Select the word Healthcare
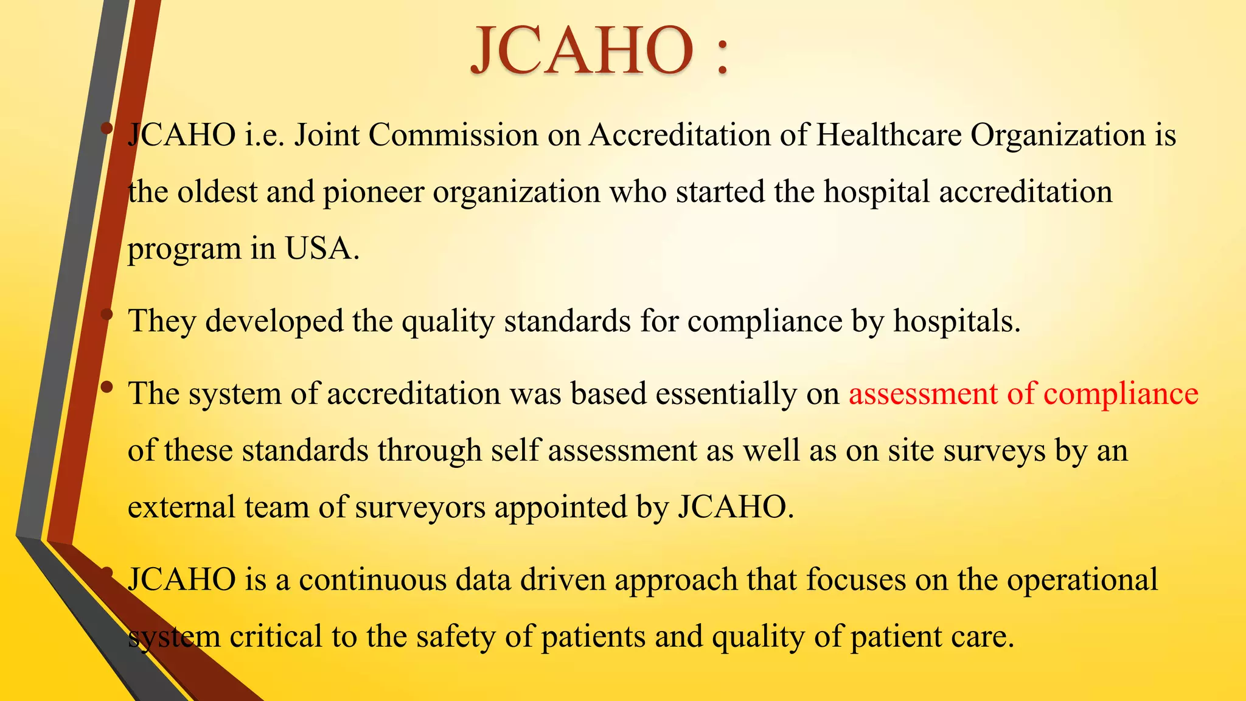click(888, 134)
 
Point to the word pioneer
click(373, 193)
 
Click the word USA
click(322, 249)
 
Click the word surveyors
click(420, 507)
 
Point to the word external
click(181, 507)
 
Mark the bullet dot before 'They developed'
click(107, 315)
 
